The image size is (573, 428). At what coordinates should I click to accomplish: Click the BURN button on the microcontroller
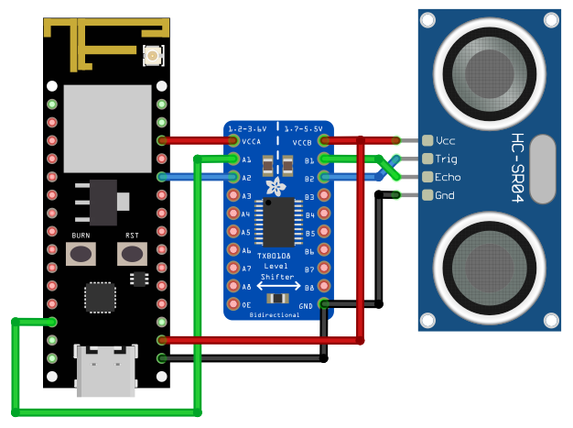(x=81, y=253)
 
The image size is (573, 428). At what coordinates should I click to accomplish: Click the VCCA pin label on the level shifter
(x=251, y=142)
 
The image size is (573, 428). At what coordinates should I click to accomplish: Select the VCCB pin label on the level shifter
(x=302, y=142)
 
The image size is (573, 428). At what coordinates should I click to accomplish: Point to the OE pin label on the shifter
(x=246, y=304)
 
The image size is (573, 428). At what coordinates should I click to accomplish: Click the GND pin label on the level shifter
(x=306, y=304)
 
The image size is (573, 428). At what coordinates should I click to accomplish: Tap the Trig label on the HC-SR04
(x=447, y=159)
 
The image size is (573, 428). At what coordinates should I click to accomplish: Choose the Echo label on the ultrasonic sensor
(x=448, y=177)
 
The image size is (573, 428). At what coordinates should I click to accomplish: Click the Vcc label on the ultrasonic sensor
(x=446, y=141)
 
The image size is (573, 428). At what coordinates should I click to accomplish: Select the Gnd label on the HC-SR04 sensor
(x=445, y=195)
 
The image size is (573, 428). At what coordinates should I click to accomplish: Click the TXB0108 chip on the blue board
(x=274, y=224)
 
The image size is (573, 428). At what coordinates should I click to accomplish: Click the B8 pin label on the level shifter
(x=308, y=287)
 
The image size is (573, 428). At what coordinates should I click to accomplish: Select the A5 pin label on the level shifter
(x=245, y=232)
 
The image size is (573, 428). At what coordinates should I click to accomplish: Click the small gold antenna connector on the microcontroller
(x=152, y=58)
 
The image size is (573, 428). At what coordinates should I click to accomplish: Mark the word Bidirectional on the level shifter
(x=274, y=314)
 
